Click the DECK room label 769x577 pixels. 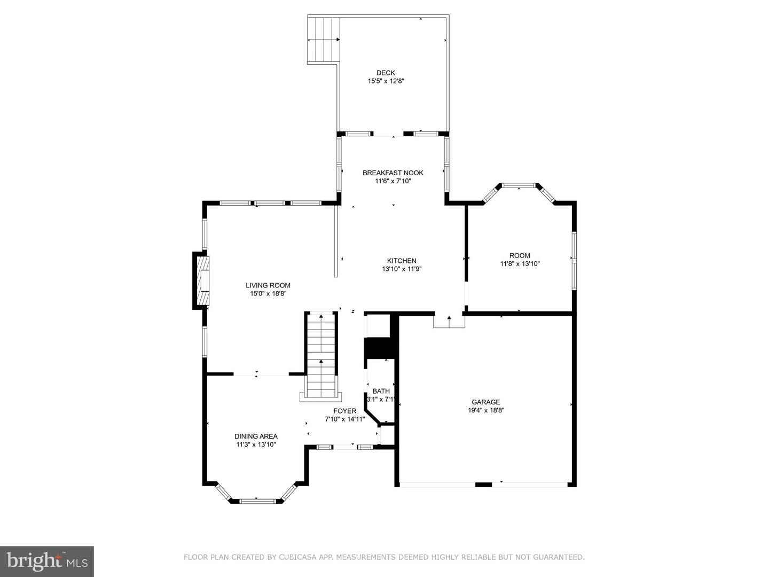point(386,73)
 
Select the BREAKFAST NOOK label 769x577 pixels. point(393,173)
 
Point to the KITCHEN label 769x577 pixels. point(402,261)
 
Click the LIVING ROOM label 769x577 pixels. point(268,285)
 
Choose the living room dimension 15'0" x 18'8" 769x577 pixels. point(268,294)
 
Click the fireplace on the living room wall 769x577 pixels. point(201,280)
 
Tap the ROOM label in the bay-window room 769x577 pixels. point(520,255)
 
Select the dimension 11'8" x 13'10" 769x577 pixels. point(520,264)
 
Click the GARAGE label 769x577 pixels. point(485,402)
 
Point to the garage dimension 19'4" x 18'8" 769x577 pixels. point(485,411)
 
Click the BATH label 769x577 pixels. point(381,391)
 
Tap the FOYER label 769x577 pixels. point(344,411)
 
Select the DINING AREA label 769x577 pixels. point(256,436)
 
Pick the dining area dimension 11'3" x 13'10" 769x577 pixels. point(256,445)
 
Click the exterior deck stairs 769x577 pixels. point(324,40)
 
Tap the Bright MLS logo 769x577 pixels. point(47,561)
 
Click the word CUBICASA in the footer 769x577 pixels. point(296,557)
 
